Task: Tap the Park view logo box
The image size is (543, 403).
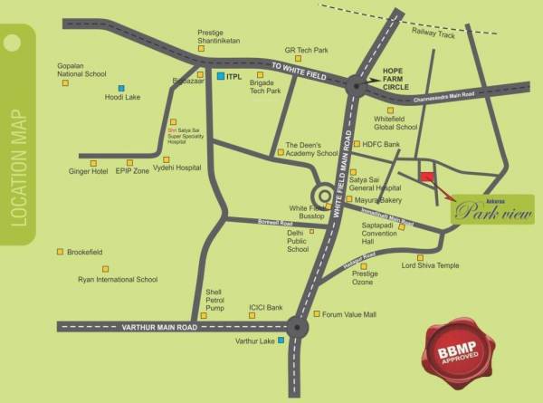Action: coord(492,210)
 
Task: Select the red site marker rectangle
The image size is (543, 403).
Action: coord(426,177)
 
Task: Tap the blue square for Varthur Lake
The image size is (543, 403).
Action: coord(282,341)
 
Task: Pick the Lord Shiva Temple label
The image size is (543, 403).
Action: coord(431,266)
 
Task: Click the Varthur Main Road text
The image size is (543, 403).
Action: coord(159,326)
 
